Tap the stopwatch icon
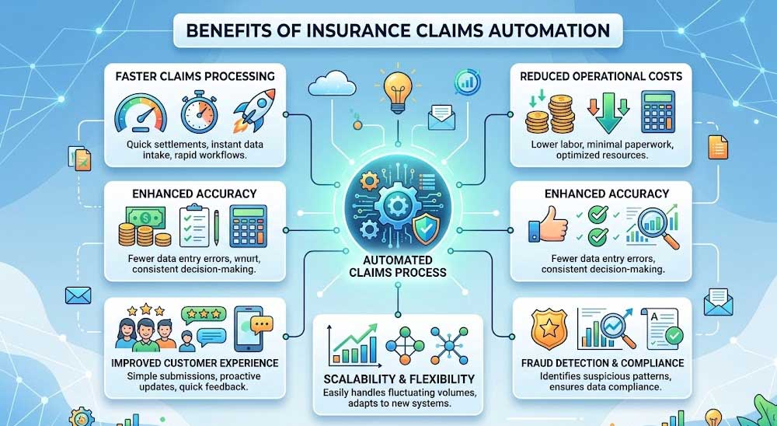pyautogui.click(x=199, y=112)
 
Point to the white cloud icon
pyautogui.click(x=332, y=83)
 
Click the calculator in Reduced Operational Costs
pyautogui.click(x=657, y=111)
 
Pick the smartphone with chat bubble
pyautogui.click(x=253, y=326)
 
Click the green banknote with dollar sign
pyautogui.click(x=145, y=217)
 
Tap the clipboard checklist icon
pyautogui.click(x=193, y=226)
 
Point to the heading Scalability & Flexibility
pyautogui.click(x=399, y=379)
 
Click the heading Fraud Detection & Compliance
pyautogui.click(x=603, y=363)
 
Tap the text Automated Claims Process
pyautogui.click(x=397, y=267)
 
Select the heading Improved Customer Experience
pyautogui.click(x=195, y=363)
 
